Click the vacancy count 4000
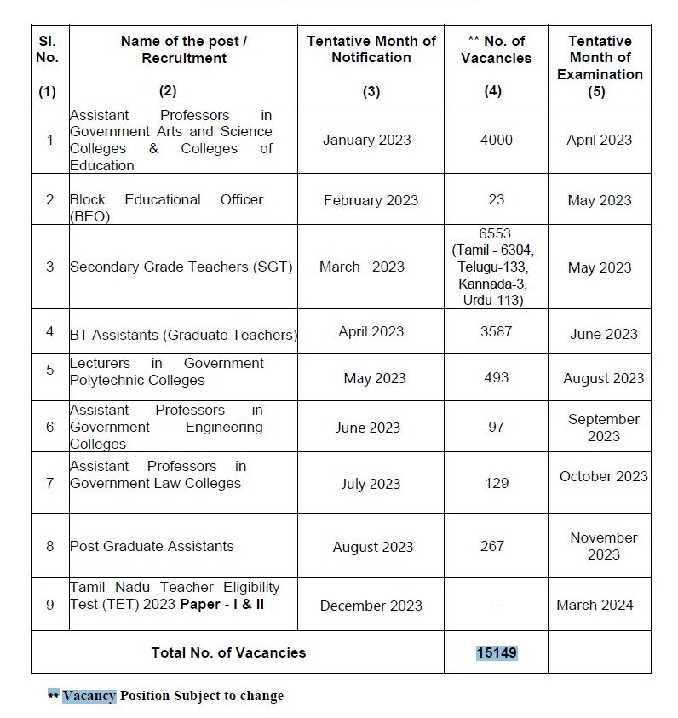click(496, 140)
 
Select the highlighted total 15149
click(497, 652)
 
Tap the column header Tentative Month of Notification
click(371, 49)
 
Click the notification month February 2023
click(371, 200)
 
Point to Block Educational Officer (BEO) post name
click(166, 207)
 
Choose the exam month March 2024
click(595, 605)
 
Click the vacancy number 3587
click(496, 331)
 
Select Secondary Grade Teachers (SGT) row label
click(181, 267)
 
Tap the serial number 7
click(49, 483)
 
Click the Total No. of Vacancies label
click(228, 652)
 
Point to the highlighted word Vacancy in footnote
click(89, 696)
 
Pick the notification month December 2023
click(371, 606)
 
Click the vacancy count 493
click(496, 377)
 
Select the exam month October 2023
click(603, 476)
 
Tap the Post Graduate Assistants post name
click(152, 546)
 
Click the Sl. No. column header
click(48, 49)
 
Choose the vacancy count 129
click(496, 483)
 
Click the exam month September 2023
click(603, 428)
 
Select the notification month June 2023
click(368, 428)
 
